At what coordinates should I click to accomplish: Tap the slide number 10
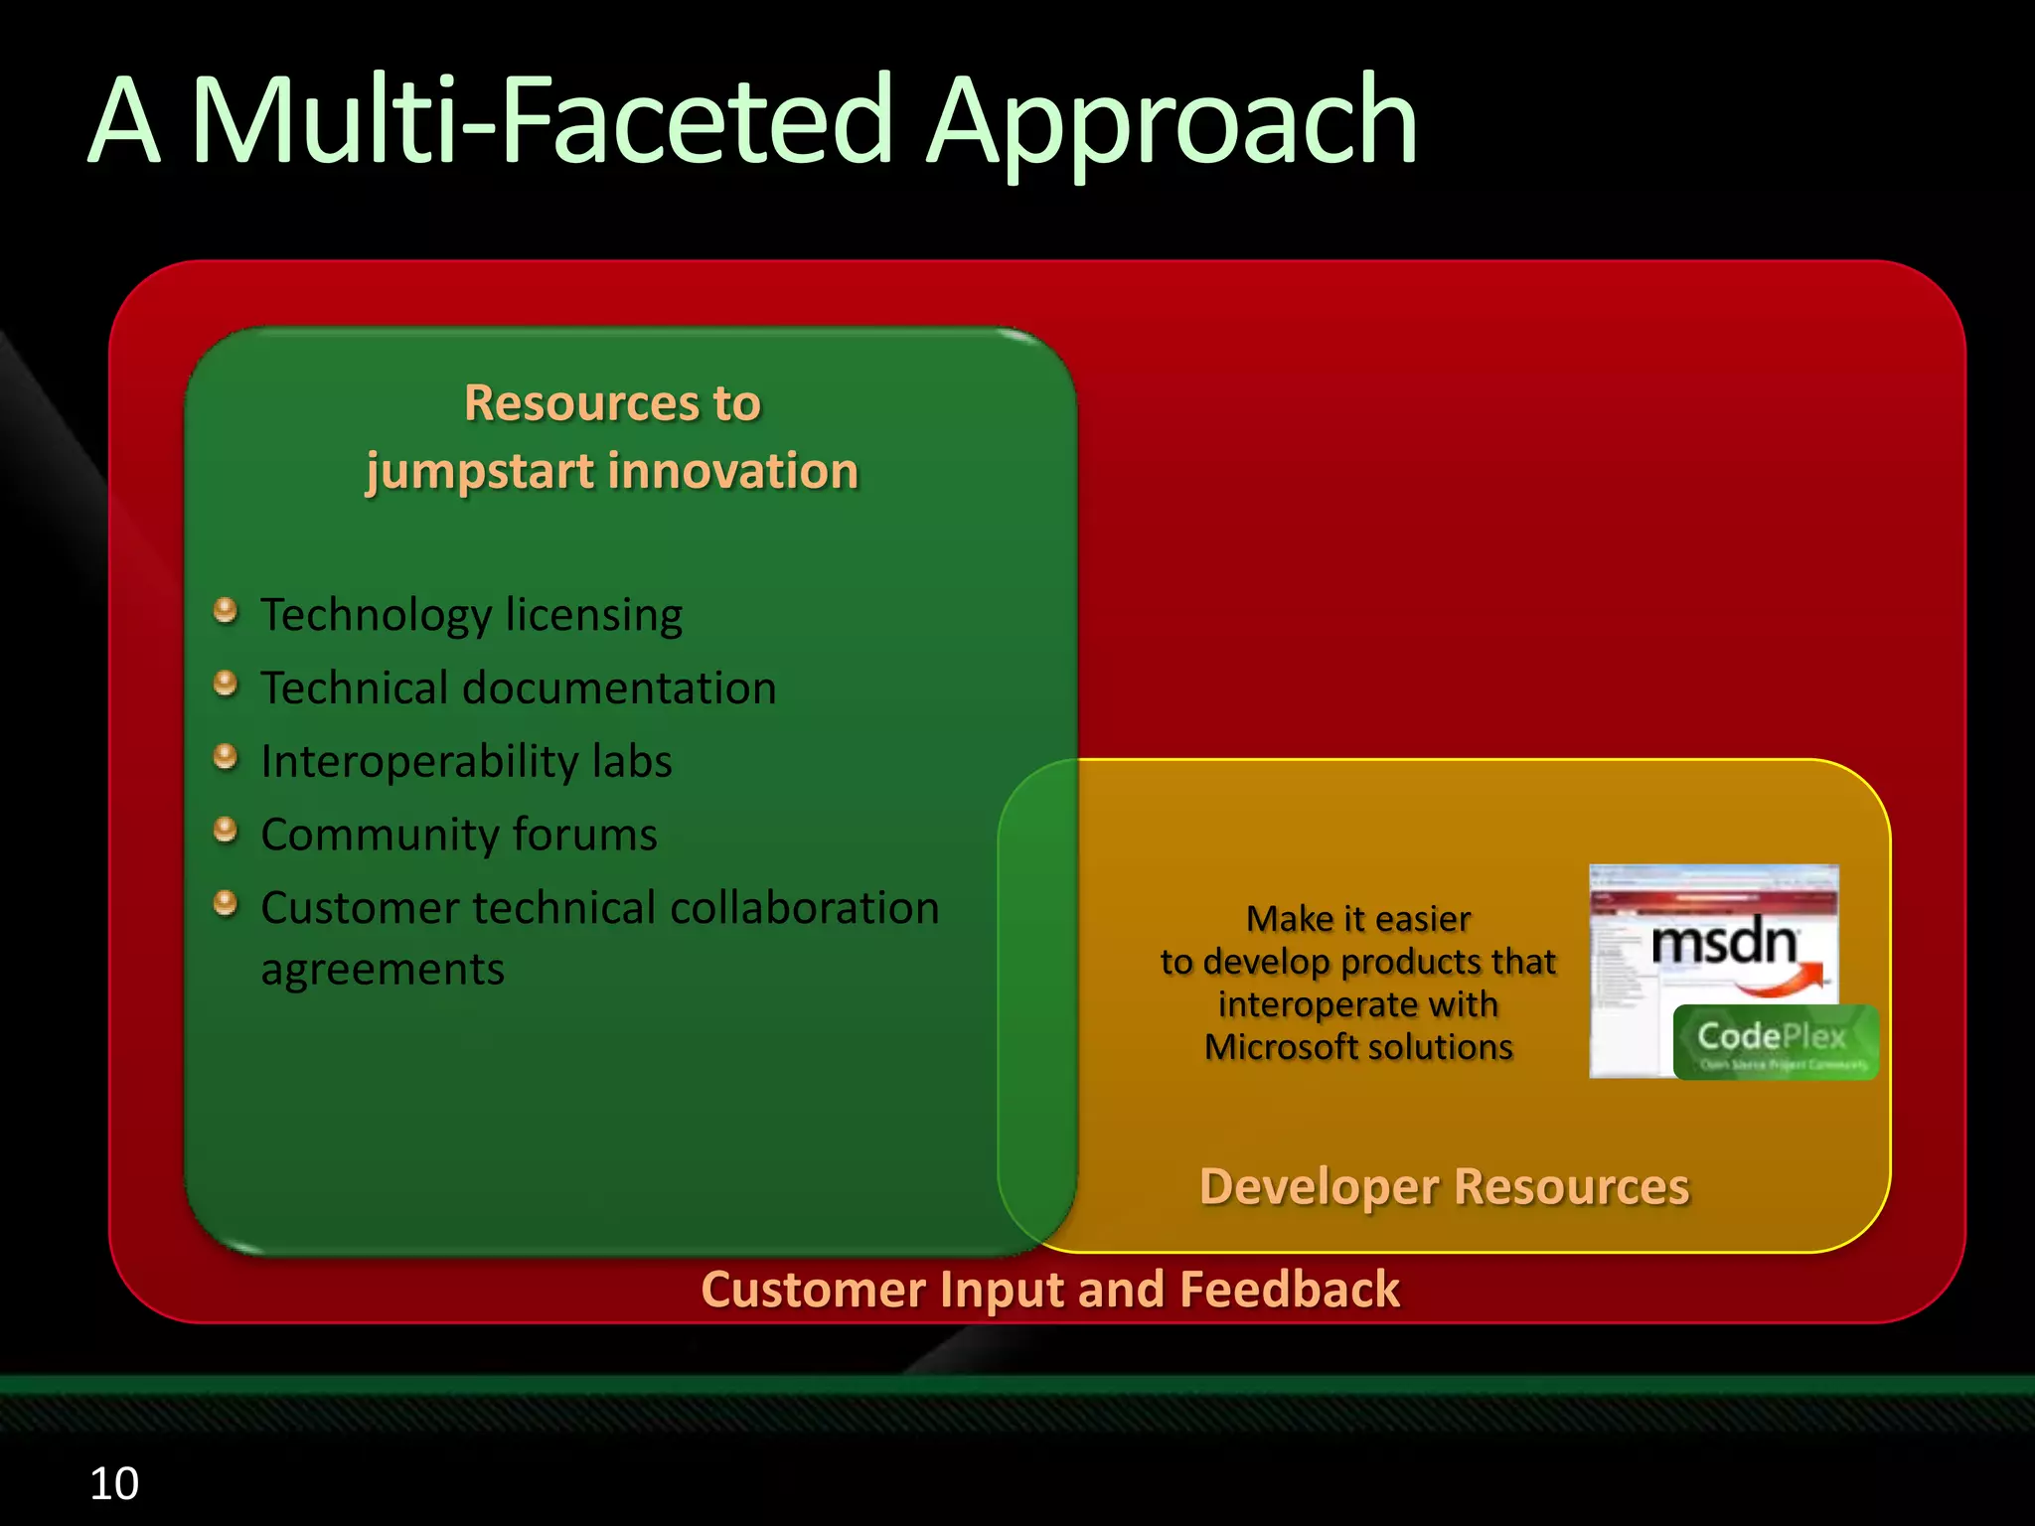point(113,1483)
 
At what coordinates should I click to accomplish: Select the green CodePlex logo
point(1775,1041)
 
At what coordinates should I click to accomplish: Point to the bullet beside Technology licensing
point(226,609)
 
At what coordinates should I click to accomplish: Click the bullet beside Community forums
point(226,829)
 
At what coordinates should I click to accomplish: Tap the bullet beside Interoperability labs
point(226,756)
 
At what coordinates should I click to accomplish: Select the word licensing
point(593,615)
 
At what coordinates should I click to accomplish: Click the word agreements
point(383,970)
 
